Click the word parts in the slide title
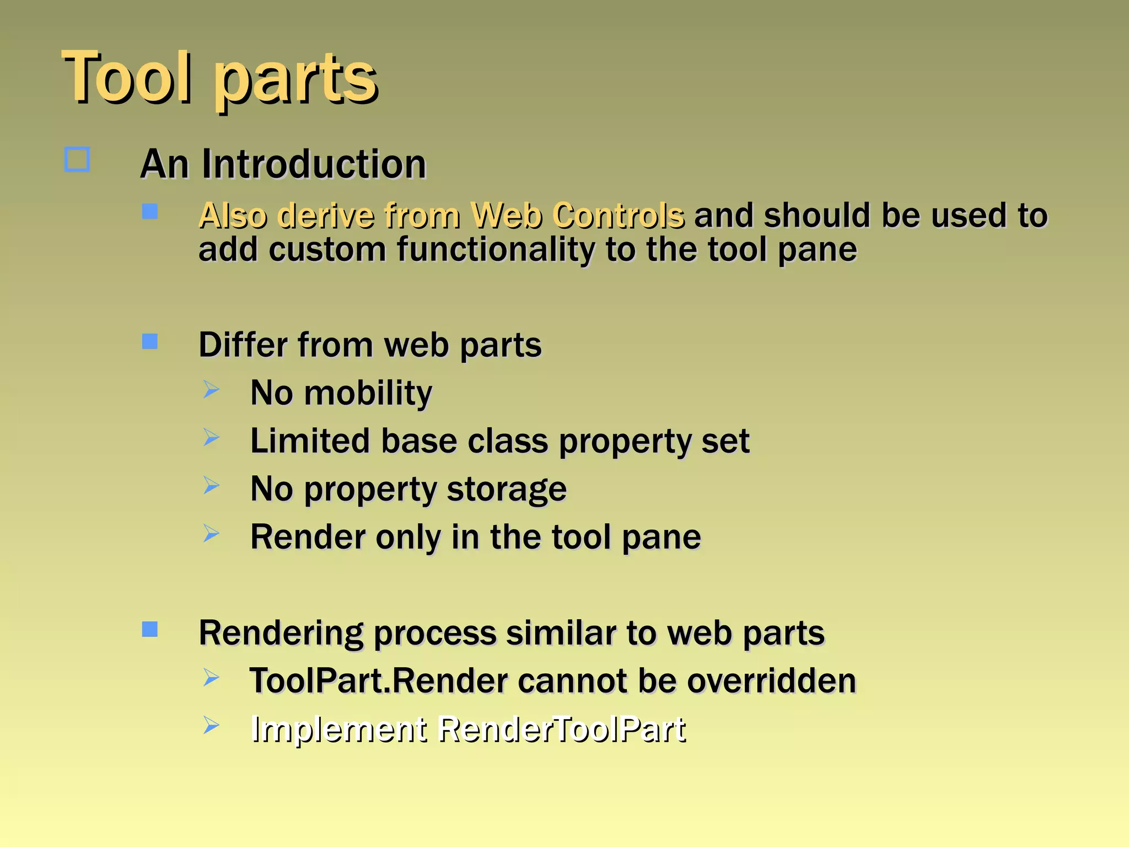click(x=296, y=80)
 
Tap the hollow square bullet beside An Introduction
click(x=77, y=160)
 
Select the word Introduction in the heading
click(x=314, y=164)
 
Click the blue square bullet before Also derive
click(x=149, y=211)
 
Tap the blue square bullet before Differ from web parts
click(x=149, y=341)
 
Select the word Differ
click(x=243, y=345)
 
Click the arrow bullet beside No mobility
click(x=211, y=389)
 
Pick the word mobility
click(x=368, y=393)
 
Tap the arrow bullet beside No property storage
click(x=211, y=485)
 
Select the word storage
click(x=506, y=489)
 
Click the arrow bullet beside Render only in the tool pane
click(x=211, y=533)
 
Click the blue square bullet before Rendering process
click(x=149, y=629)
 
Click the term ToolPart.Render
click(x=378, y=680)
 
